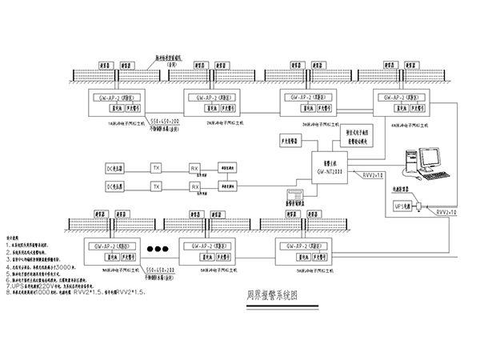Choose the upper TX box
tap(157, 168)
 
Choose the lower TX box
tap(157, 185)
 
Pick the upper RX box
tap(194, 168)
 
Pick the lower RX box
tap(194, 185)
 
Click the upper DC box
tap(115, 169)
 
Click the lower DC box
tap(115, 186)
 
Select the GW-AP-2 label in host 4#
tap(395, 97)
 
